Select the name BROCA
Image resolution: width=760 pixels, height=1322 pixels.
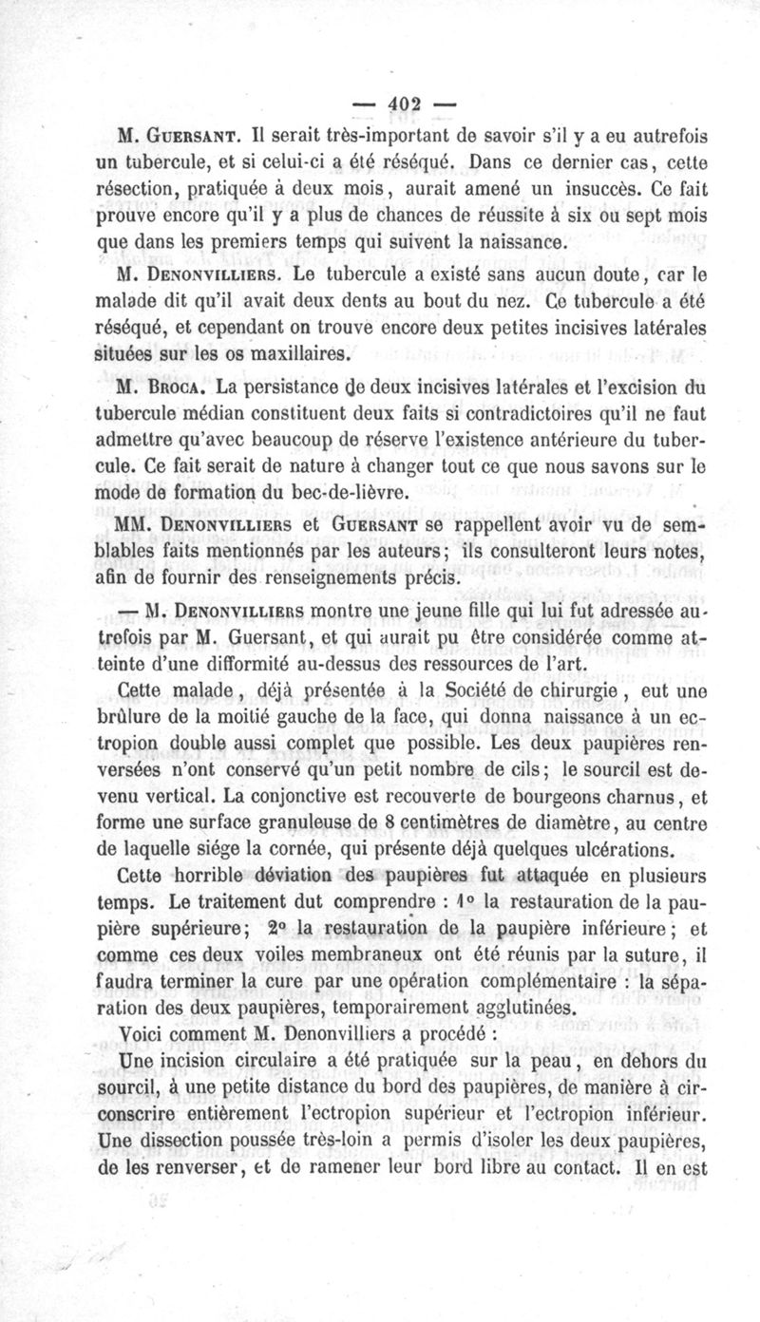(180, 388)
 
